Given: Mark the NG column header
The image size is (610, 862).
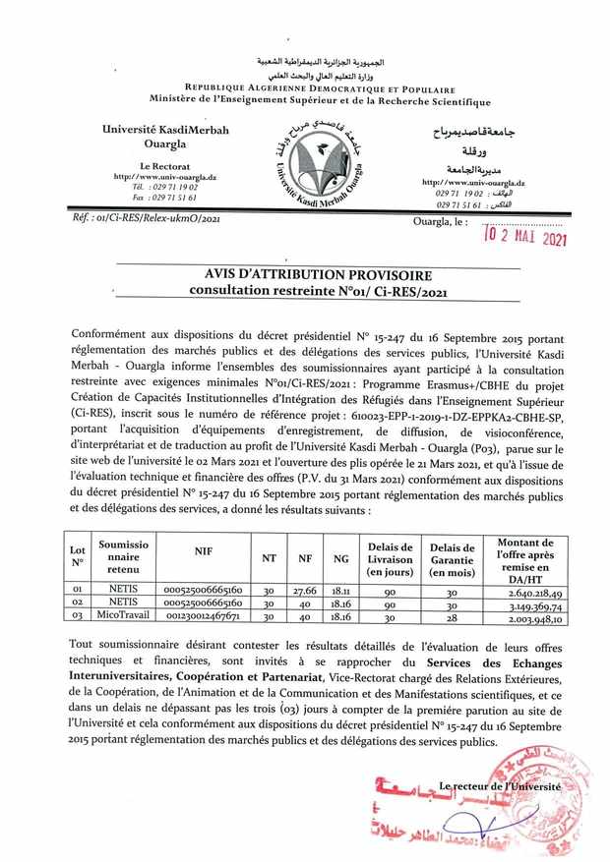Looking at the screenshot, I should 341,557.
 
